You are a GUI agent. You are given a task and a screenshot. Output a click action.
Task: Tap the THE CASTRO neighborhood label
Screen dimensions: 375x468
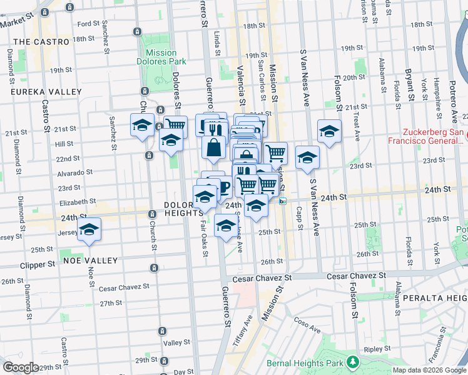[41, 42]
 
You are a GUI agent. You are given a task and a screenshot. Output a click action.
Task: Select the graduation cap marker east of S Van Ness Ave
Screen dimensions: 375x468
[329, 131]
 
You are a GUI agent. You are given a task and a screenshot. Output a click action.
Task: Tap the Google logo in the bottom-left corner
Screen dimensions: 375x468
[21, 367]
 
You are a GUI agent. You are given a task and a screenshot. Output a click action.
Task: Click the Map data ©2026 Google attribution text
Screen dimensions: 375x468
[430, 370]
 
